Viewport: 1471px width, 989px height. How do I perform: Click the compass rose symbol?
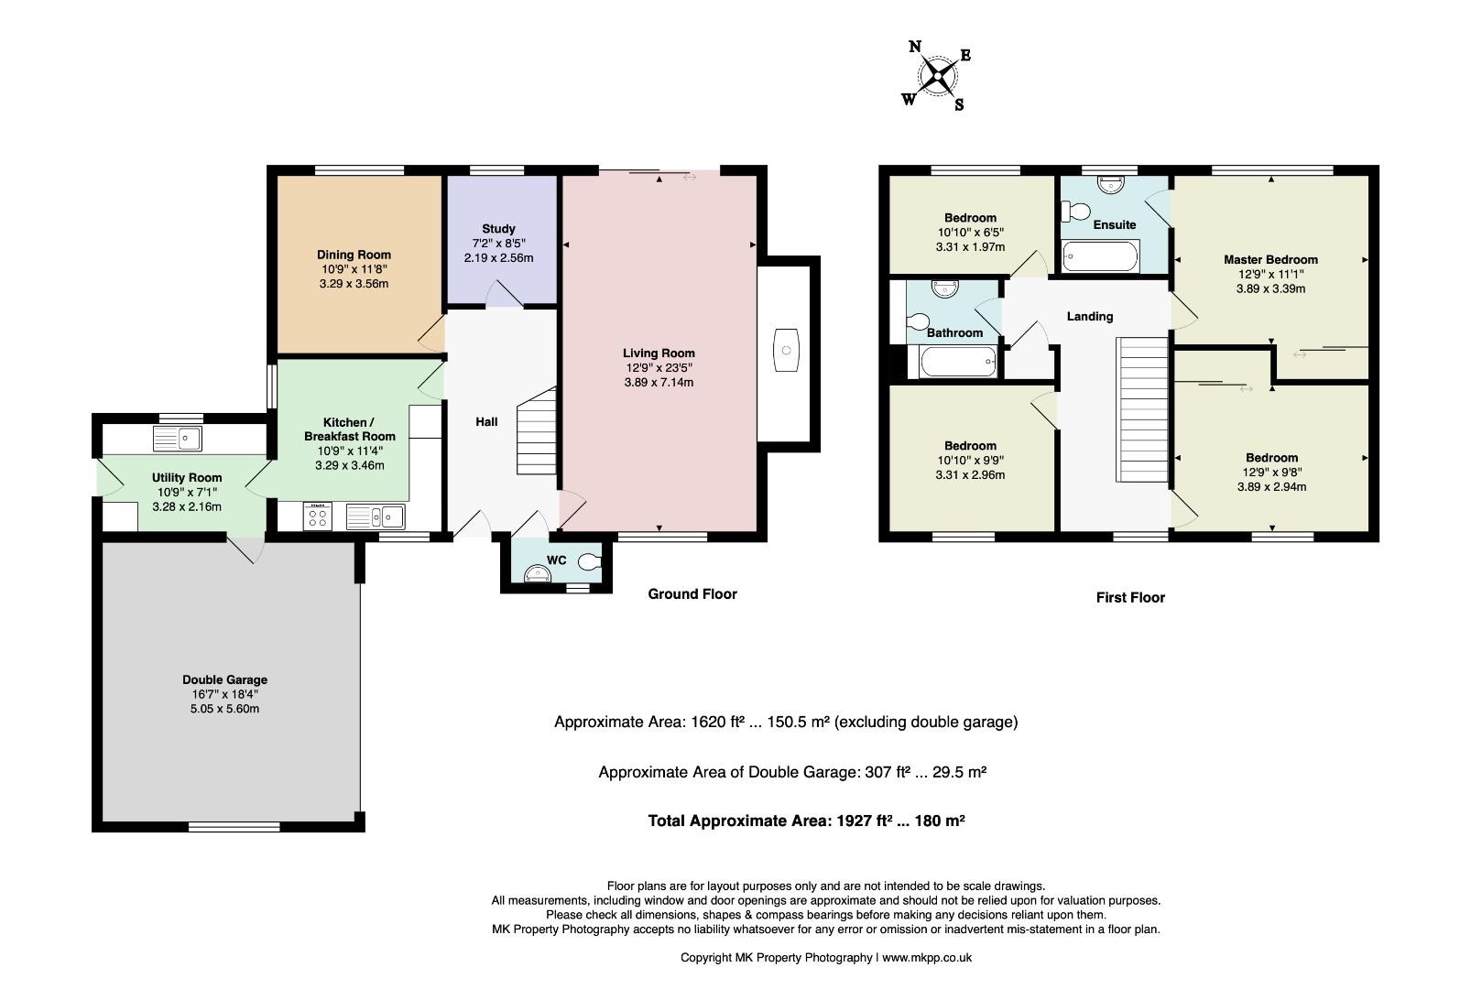pos(937,75)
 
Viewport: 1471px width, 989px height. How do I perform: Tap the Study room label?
pos(498,229)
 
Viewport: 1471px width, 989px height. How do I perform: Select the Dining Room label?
pos(354,255)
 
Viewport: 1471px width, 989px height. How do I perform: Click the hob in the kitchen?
pos(318,516)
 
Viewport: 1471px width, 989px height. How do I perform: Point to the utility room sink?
pos(178,438)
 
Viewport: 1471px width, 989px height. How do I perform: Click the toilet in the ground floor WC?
pos(589,560)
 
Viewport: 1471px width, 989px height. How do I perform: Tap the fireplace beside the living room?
pos(785,350)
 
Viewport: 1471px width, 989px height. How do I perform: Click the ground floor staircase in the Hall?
pos(537,430)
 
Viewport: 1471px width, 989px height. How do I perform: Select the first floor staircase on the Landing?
pos(1142,410)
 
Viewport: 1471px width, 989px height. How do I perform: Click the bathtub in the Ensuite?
pos(1100,256)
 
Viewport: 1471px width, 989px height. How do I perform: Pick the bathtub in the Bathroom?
pos(958,362)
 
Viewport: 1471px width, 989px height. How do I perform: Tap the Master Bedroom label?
pos(1270,259)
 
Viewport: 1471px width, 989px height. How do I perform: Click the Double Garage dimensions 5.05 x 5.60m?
pos(224,709)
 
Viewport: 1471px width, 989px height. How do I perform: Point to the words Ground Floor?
pos(692,593)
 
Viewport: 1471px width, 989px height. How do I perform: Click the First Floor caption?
pos(1130,597)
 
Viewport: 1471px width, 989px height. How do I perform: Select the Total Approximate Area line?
pos(806,821)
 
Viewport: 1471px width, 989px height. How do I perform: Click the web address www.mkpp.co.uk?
pos(927,958)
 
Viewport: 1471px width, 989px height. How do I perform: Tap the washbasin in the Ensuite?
pos(1109,184)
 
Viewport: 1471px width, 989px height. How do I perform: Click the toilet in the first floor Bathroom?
pos(918,321)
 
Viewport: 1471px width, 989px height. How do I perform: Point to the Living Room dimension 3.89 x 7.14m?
pos(659,382)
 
